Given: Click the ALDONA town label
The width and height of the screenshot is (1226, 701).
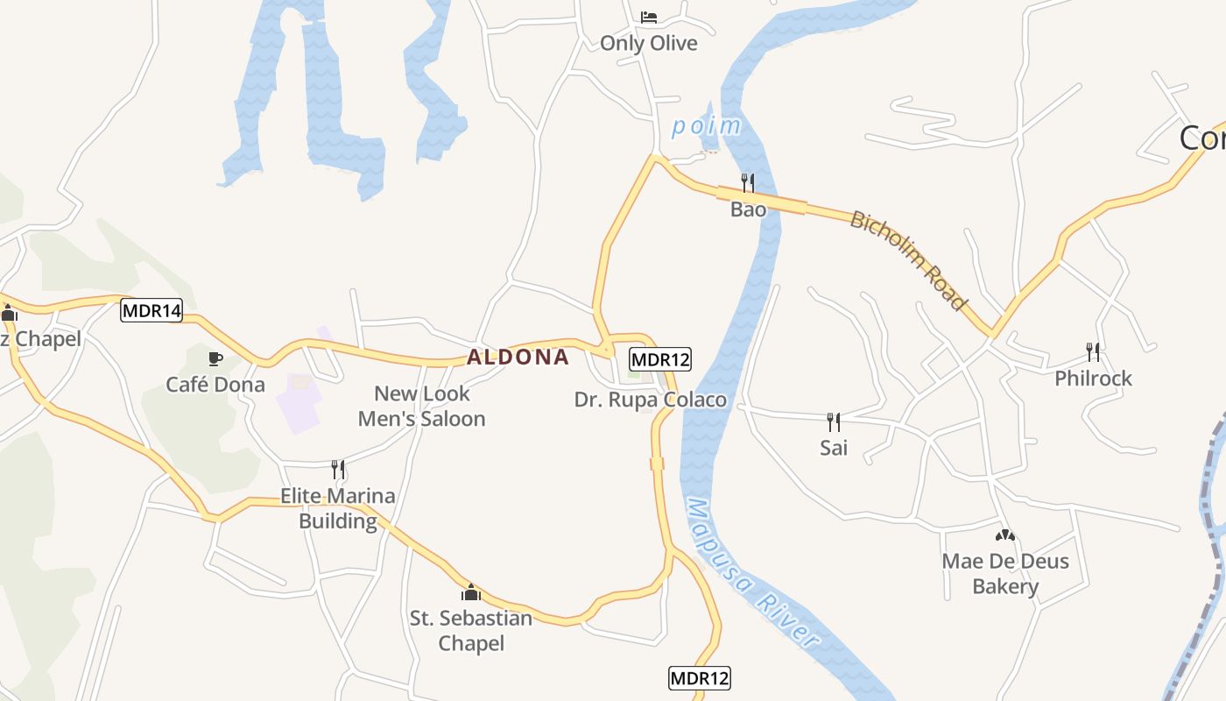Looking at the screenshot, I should pyautogui.click(x=518, y=358).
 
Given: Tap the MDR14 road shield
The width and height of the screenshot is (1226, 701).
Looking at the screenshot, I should pyautogui.click(x=151, y=310).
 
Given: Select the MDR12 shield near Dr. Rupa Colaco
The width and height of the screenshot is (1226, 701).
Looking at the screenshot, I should pyautogui.click(x=660, y=359).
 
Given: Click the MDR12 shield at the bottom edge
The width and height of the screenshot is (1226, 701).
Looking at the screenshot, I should pyautogui.click(x=699, y=677).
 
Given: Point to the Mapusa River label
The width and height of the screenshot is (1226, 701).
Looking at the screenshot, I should pyautogui.click(x=753, y=574).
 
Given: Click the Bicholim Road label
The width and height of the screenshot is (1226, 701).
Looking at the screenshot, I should pyautogui.click(x=909, y=260).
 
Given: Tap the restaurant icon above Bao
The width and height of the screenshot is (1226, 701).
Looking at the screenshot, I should pyautogui.click(x=748, y=183).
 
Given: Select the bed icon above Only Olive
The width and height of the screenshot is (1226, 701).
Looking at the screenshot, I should pyautogui.click(x=649, y=18).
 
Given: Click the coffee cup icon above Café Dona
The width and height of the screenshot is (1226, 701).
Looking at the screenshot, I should pyautogui.click(x=215, y=358).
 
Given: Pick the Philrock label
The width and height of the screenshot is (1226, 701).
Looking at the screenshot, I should pyautogui.click(x=1093, y=379).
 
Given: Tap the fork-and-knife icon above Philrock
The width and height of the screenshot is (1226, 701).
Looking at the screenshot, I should pyautogui.click(x=1093, y=352).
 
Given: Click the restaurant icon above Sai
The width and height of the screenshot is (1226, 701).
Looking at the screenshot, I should pyautogui.click(x=834, y=422).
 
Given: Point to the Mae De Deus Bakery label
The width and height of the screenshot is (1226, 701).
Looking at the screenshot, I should pyautogui.click(x=1005, y=574).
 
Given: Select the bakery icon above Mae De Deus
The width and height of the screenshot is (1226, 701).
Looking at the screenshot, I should pyautogui.click(x=1005, y=535).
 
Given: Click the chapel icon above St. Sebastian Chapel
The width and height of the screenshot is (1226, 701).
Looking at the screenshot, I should pyautogui.click(x=471, y=592).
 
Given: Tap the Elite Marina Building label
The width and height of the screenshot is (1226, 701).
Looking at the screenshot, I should pyautogui.click(x=338, y=508).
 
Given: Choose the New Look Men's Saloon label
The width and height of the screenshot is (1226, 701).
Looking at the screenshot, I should pyautogui.click(x=422, y=407).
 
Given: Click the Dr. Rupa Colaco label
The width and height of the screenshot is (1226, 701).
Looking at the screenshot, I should pyautogui.click(x=650, y=400).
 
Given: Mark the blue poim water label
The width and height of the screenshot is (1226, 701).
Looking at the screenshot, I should pyautogui.click(x=705, y=127).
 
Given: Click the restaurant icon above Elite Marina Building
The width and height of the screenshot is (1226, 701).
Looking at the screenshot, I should pyautogui.click(x=338, y=470).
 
